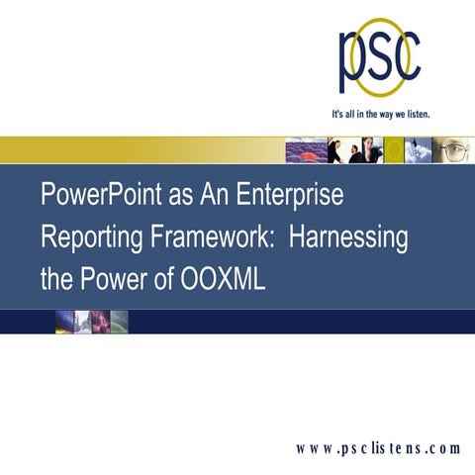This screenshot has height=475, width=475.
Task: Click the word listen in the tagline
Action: click(414, 114)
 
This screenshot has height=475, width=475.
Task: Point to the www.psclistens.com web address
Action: click(379, 447)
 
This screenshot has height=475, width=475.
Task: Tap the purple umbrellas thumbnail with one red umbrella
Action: click(305, 149)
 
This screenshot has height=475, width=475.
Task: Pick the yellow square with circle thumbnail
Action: click(395, 149)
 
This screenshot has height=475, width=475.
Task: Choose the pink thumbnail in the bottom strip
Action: click(100, 322)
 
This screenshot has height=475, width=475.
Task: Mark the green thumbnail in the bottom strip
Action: click(119, 322)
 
